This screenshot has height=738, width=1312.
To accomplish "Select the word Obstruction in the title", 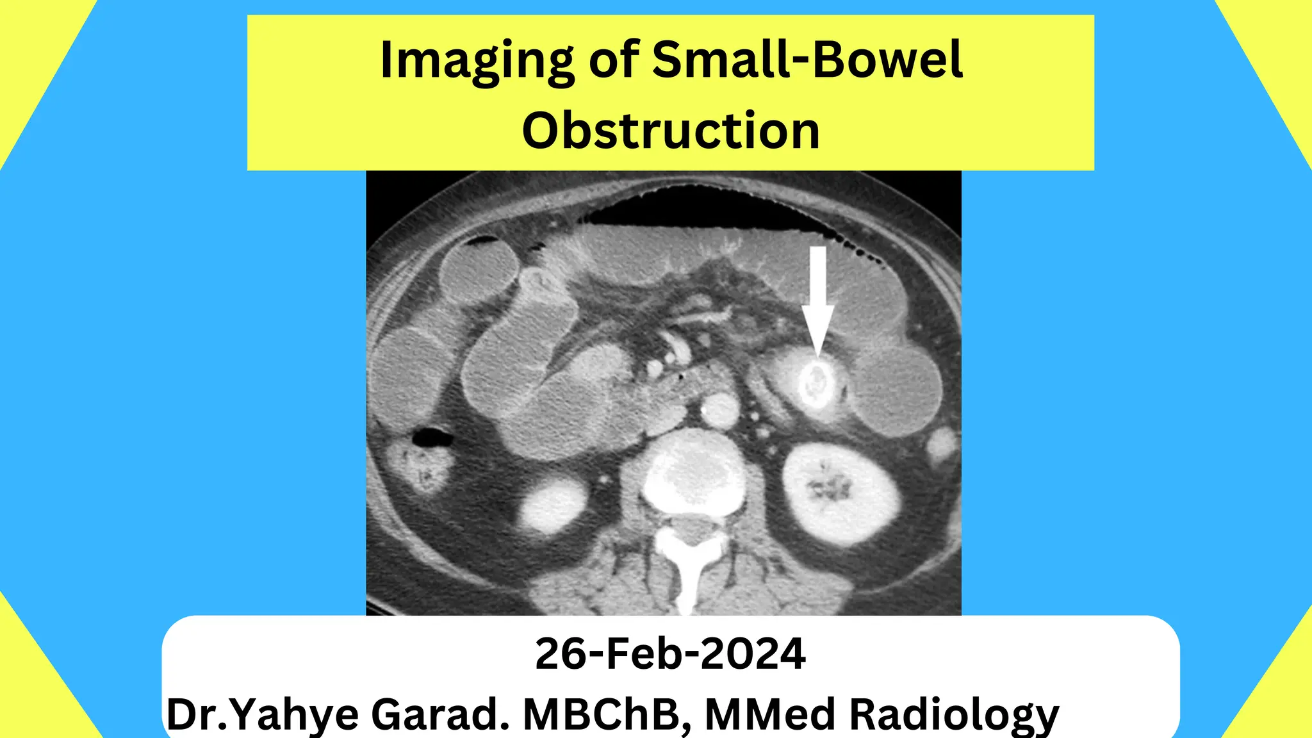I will pos(671,131).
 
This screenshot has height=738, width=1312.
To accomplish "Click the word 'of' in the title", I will pos(614,60).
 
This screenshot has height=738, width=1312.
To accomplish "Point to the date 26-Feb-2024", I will pos(670,654).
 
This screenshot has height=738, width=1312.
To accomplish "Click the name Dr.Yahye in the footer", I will pos(263,714).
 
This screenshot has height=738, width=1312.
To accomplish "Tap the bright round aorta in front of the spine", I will pos(719,409).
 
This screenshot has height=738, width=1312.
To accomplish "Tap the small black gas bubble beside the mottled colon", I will pos(433,438).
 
